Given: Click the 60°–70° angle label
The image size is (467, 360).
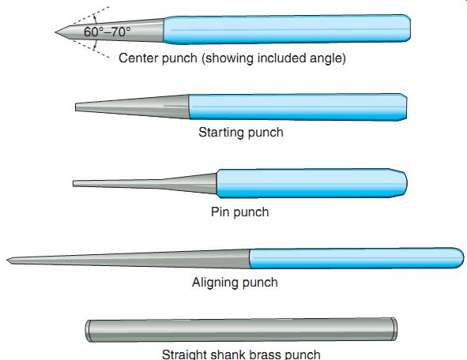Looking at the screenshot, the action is pyautogui.click(x=107, y=32).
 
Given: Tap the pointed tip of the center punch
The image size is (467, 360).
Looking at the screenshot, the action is pyautogui.click(x=55, y=32).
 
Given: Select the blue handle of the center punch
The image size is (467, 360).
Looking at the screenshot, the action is pyautogui.click(x=287, y=29).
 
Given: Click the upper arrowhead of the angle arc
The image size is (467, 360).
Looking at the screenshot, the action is pyautogui.click(x=95, y=18).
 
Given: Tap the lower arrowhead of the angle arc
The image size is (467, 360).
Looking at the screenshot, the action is pyautogui.click(x=95, y=46).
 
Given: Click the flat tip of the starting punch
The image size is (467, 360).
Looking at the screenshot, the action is pyautogui.click(x=76, y=107).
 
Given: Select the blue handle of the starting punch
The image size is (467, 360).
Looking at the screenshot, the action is pyautogui.click(x=298, y=107).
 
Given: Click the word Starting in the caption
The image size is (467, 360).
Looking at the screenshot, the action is pyautogui.click(x=221, y=133).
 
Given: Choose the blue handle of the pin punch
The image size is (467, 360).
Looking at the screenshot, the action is pyautogui.click(x=311, y=183).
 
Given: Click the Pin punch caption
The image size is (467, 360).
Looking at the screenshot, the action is pyautogui.click(x=239, y=212).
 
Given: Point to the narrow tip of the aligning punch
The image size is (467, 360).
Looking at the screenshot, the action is pyautogui.click(x=8, y=261).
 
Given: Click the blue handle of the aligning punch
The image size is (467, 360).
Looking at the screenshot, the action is pyautogui.click(x=356, y=258).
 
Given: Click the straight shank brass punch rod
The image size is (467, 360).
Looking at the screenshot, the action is pyautogui.click(x=241, y=330).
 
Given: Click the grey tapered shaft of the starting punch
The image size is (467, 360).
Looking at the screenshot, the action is pyautogui.click(x=132, y=107).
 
